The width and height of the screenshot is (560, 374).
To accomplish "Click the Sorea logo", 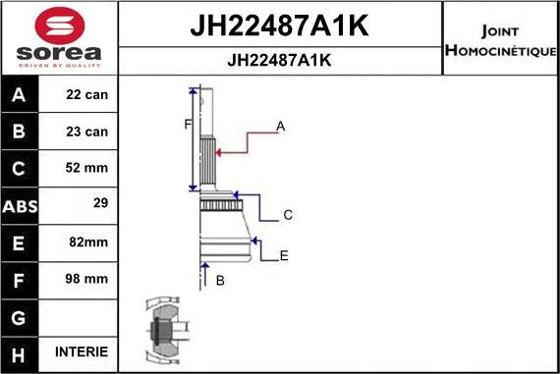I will click(x=58, y=36).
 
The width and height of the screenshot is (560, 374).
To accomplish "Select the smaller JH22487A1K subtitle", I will click(x=279, y=59).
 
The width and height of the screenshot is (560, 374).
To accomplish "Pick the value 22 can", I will click(x=87, y=95).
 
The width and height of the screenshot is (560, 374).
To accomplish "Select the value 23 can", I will click(x=87, y=131).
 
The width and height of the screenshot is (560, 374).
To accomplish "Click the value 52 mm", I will click(x=87, y=168).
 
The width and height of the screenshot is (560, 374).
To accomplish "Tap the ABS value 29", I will click(x=97, y=204).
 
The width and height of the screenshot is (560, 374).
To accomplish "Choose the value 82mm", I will click(x=87, y=241).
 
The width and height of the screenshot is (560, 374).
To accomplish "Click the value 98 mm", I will click(x=87, y=279).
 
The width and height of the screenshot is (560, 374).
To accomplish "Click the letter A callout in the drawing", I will click(x=280, y=126).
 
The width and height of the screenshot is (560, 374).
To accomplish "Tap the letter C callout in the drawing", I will click(x=288, y=215).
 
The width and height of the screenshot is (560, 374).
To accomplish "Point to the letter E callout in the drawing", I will click(x=284, y=256).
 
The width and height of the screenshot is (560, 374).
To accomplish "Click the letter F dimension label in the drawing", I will click(x=186, y=124).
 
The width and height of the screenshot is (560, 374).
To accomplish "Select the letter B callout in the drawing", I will click(x=220, y=281).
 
